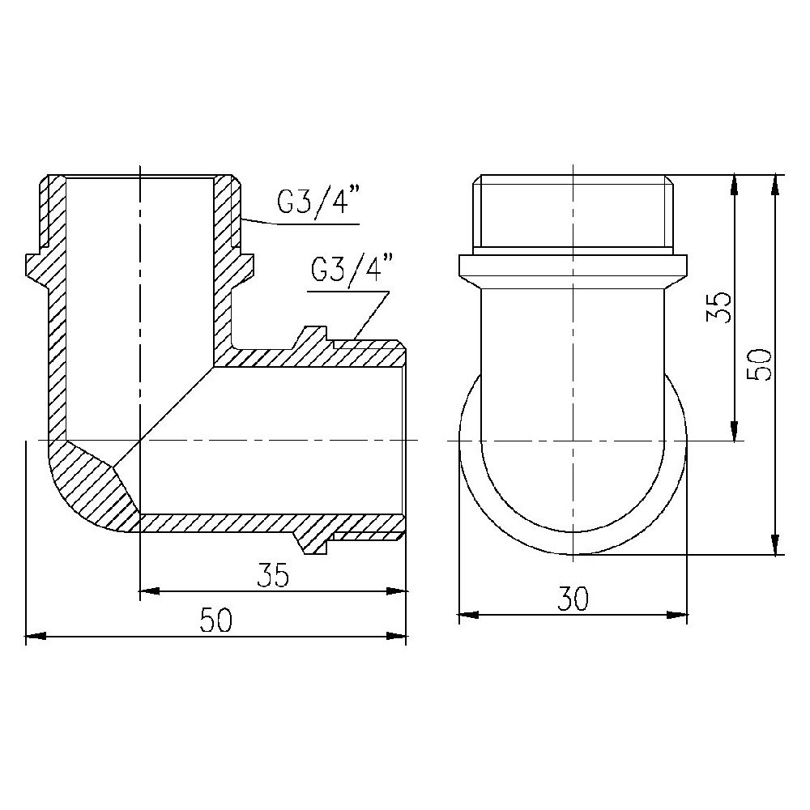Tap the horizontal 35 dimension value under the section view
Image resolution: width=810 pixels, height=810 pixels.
273,574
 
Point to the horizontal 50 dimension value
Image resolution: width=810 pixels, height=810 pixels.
216,620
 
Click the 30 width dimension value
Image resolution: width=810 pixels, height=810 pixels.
573,599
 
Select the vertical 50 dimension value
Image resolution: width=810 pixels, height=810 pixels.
762,364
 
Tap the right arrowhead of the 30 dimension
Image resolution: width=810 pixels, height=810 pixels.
678,615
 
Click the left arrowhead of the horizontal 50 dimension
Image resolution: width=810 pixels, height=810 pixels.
34,637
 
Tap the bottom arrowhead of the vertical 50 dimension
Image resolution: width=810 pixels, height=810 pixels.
776,545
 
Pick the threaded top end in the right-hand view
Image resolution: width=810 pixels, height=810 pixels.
573,211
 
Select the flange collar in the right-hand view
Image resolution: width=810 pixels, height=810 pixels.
573,266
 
